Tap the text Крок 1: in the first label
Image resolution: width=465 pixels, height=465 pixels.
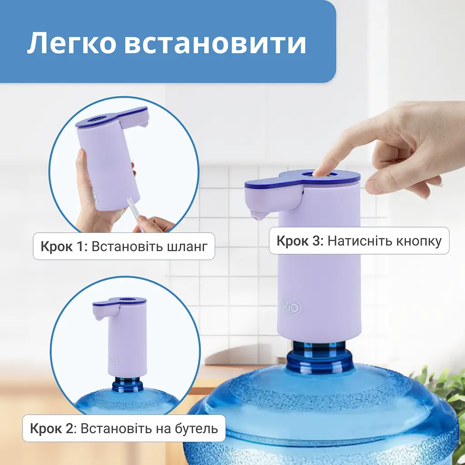point(64,247)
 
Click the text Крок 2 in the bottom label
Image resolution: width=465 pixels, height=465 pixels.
point(51,428)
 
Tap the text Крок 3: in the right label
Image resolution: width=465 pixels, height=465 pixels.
point(300,241)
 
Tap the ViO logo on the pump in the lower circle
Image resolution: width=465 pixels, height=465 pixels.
point(114,361)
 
